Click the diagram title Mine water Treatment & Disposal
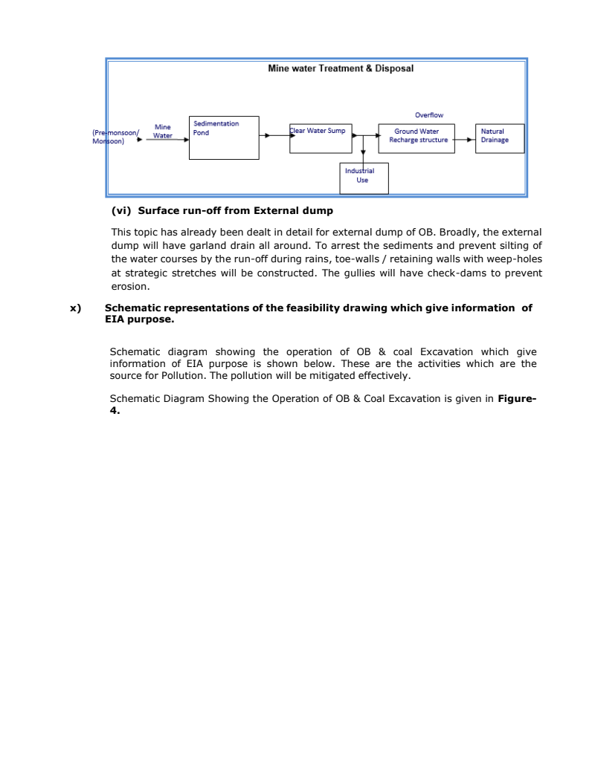[x=341, y=68]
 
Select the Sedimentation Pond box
[x=224, y=137]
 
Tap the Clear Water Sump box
[x=321, y=139]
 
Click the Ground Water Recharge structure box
[x=416, y=138]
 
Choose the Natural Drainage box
[x=501, y=138]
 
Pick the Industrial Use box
[x=364, y=178]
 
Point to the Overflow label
[x=429, y=115]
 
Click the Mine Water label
[x=163, y=132]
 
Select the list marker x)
[x=75, y=308]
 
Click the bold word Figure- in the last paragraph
[x=517, y=399]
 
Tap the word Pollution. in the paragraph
[x=182, y=375]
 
